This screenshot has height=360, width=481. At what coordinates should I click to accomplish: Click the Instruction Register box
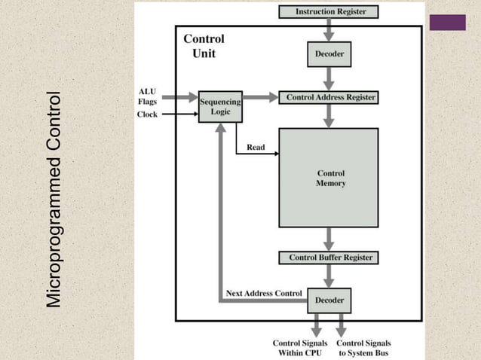pyautogui.click(x=328, y=12)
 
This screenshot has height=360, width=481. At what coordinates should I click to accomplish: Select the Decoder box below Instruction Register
pyautogui.click(x=329, y=54)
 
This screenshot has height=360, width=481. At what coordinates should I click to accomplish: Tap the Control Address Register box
pyautogui.click(x=328, y=97)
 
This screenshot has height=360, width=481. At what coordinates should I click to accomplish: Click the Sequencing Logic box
pyautogui.click(x=220, y=107)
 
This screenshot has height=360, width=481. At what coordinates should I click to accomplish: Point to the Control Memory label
pyautogui.click(x=331, y=178)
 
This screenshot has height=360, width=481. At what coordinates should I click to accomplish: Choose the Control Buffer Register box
pyautogui.click(x=331, y=258)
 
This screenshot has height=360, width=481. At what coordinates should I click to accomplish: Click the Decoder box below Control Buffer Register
pyautogui.click(x=329, y=300)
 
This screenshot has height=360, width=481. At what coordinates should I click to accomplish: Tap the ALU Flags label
pyautogui.click(x=147, y=96)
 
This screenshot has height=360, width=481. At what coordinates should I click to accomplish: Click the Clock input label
pyautogui.click(x=147, y=114)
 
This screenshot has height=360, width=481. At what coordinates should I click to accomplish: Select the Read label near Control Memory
pyautogui.click(x=256, y=148)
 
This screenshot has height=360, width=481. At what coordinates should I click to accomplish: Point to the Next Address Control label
pyautogui.click(x=264, y=292)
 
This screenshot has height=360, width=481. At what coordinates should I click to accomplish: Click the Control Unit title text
pyautogui.click(x=204, y=45)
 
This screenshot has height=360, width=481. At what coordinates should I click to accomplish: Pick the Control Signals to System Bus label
pyautogui.click(x=363, y=348)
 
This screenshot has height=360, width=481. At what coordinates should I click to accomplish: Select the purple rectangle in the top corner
pyautogui.click(x=447, y=23)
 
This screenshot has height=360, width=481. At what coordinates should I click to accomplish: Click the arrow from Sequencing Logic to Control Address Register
pyautogui.click(x=260, y=97)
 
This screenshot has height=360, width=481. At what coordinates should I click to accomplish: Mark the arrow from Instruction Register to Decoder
pyautogui.click(x=329, y=30)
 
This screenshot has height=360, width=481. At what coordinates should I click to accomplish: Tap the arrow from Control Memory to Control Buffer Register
pyautogui.click(x=329, y=239)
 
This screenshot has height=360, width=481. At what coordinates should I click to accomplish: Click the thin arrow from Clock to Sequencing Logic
pyautogui.click(x=179, y=114)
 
